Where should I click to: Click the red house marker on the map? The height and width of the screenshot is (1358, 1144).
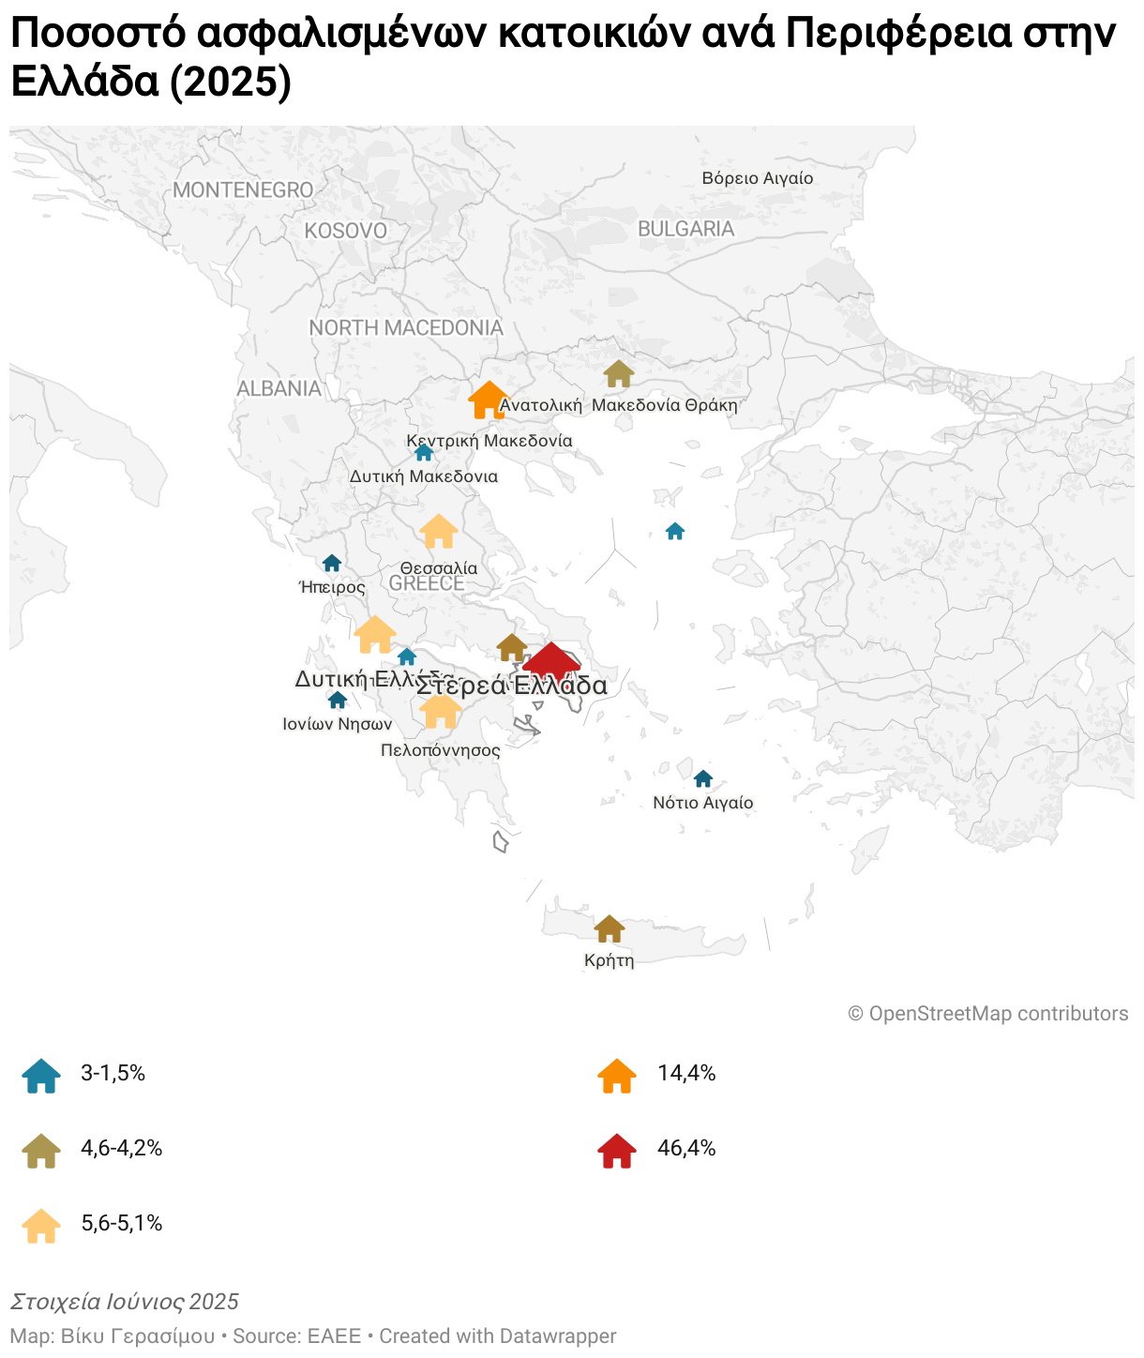(551, 662)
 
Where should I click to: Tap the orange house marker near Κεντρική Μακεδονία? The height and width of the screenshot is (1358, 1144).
(488, 400)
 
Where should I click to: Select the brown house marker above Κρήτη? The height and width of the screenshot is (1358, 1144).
(610, 928)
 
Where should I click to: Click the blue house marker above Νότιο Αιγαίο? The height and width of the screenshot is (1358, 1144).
(703, 778)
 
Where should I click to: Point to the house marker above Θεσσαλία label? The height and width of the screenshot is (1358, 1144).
(439, 532)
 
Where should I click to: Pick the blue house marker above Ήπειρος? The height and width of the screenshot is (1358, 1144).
(332, 563)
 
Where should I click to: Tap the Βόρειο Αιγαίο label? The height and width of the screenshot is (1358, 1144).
(758, 178)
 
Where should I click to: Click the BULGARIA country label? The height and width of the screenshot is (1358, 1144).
(685, 229)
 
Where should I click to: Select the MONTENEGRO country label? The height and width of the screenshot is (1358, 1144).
(243, 190)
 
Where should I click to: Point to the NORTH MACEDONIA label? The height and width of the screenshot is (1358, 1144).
(406, 327)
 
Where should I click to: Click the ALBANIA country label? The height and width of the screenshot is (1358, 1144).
(278, 388)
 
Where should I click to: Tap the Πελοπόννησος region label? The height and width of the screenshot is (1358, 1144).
(441, 750)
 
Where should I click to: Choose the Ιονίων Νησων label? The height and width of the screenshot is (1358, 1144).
(338, 724)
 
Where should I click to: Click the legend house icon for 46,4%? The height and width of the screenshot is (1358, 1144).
(617, 1151)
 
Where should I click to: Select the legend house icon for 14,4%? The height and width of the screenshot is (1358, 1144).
(617, 1076)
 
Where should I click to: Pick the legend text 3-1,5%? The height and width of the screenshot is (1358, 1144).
(113, 1074)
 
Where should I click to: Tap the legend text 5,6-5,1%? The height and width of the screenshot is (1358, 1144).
(122, 1223)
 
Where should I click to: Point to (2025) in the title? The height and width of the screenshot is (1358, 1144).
(232, 83)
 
